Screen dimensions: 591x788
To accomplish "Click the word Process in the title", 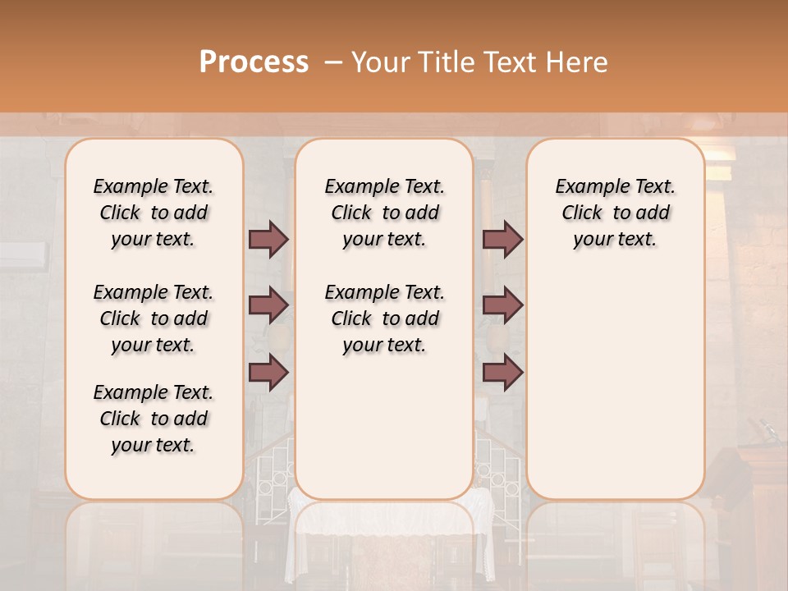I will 254,62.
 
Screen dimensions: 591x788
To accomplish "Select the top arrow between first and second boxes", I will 268,240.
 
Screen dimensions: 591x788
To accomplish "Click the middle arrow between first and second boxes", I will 268,306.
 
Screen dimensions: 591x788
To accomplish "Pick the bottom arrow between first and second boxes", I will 268,373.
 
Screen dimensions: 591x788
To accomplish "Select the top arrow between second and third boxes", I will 502,240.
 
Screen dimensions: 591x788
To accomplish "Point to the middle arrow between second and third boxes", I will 502,306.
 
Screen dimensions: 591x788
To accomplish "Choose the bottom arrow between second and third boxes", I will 502,373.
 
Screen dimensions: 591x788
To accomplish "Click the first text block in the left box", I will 153,213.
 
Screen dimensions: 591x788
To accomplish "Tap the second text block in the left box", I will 153,318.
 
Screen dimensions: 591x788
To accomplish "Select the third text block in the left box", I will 153,419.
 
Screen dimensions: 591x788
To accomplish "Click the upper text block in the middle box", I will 385,213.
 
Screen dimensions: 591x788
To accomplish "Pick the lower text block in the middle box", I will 385,318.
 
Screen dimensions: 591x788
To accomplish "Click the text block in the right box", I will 616,213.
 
